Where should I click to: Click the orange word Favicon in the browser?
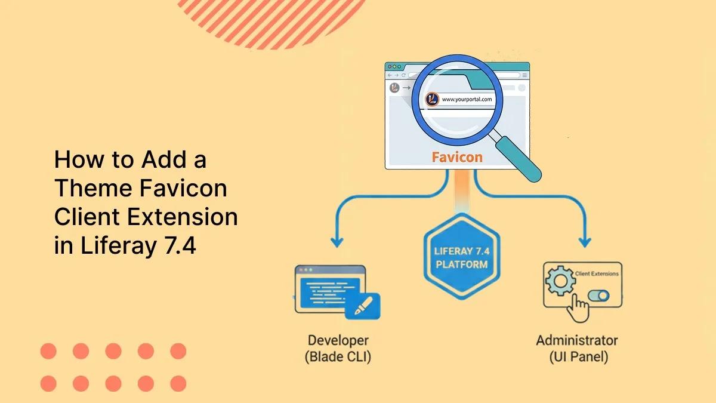click(457, 158)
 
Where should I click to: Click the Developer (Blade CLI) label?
click(338, 349)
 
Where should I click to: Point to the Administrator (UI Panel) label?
click(577, 349)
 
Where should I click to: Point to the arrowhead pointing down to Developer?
click(337, 243)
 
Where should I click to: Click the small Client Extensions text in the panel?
click(596, 274)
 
